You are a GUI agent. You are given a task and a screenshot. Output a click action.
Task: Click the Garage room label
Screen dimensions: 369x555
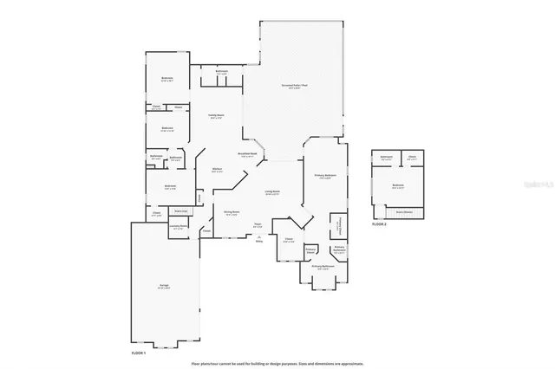[x=164, y=285]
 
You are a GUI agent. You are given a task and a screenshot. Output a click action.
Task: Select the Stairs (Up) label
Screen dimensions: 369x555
[x=181, y=210]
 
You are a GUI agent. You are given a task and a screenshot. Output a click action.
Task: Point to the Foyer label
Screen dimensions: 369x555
[x=258, y=226]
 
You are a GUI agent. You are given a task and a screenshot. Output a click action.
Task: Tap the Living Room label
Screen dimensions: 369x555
[x=271, y=192]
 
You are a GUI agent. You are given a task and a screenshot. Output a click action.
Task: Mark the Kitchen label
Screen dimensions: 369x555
[x=218, y=170]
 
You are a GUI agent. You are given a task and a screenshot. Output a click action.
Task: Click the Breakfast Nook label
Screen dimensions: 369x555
[x=246, y=154]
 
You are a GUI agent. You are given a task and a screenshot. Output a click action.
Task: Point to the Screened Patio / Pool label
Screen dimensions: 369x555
[x=295, y=86]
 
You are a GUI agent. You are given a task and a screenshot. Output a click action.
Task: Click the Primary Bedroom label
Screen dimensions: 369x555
[x=326, y=176]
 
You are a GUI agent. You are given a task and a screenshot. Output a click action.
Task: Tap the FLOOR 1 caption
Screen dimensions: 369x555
[x=139, y=353]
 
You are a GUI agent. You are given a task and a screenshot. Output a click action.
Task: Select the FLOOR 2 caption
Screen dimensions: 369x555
[x=379, y=223]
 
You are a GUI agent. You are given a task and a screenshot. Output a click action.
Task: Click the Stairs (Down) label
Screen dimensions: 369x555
[x=403, y=210]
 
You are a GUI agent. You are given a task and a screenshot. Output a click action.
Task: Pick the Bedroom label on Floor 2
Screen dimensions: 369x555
[x=398, y=184]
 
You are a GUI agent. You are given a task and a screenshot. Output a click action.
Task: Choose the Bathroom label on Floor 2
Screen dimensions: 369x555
[x=386, y=158]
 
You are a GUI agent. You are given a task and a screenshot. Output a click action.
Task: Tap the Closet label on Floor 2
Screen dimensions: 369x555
[x=413, y=158]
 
